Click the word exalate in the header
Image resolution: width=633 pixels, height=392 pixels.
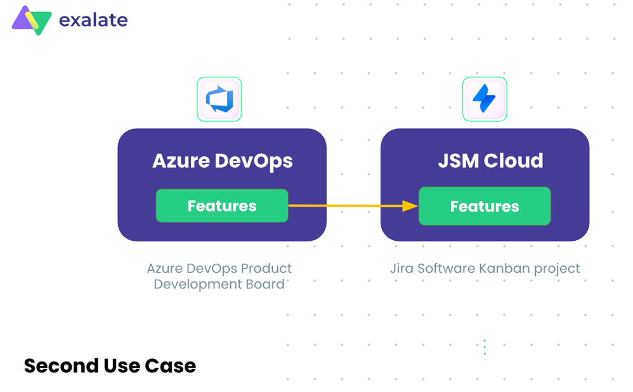click(x=93, y=20)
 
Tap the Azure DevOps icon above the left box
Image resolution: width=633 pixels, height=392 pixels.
click(x=219, y=99)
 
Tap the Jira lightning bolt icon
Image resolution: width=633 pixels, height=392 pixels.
click(x=485, y=99)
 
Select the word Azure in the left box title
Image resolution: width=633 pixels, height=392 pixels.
click(x=181, y=161)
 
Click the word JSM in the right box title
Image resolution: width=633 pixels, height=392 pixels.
click(x=459, y=161)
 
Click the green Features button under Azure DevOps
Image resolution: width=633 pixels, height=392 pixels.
click(x=222, y=206)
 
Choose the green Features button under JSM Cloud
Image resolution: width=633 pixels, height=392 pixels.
click(x=485, y=206)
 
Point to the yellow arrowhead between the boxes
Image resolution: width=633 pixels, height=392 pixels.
click(x=410, y=206)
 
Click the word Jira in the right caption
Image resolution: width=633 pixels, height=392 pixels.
click(x=401, y=268)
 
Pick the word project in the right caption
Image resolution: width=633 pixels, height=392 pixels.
click(x=557, y=269)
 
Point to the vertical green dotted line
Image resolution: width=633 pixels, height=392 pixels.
click(x=485, y=348)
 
